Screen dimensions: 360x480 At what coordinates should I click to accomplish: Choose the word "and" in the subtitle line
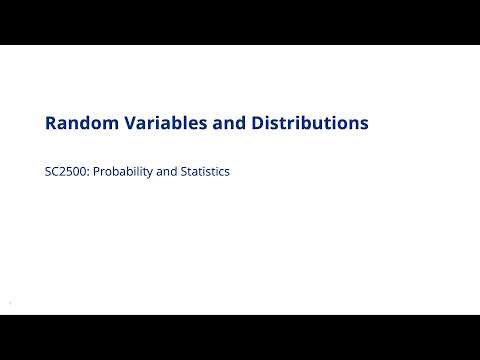(x=165, y=171)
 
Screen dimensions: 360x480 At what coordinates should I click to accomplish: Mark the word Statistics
(x=205, y=171)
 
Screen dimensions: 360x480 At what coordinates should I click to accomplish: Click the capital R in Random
(x=51, y=123)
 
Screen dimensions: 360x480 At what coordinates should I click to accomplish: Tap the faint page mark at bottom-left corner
(x=9, y=303)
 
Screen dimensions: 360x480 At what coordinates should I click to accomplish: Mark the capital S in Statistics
(x=183, y=171)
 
